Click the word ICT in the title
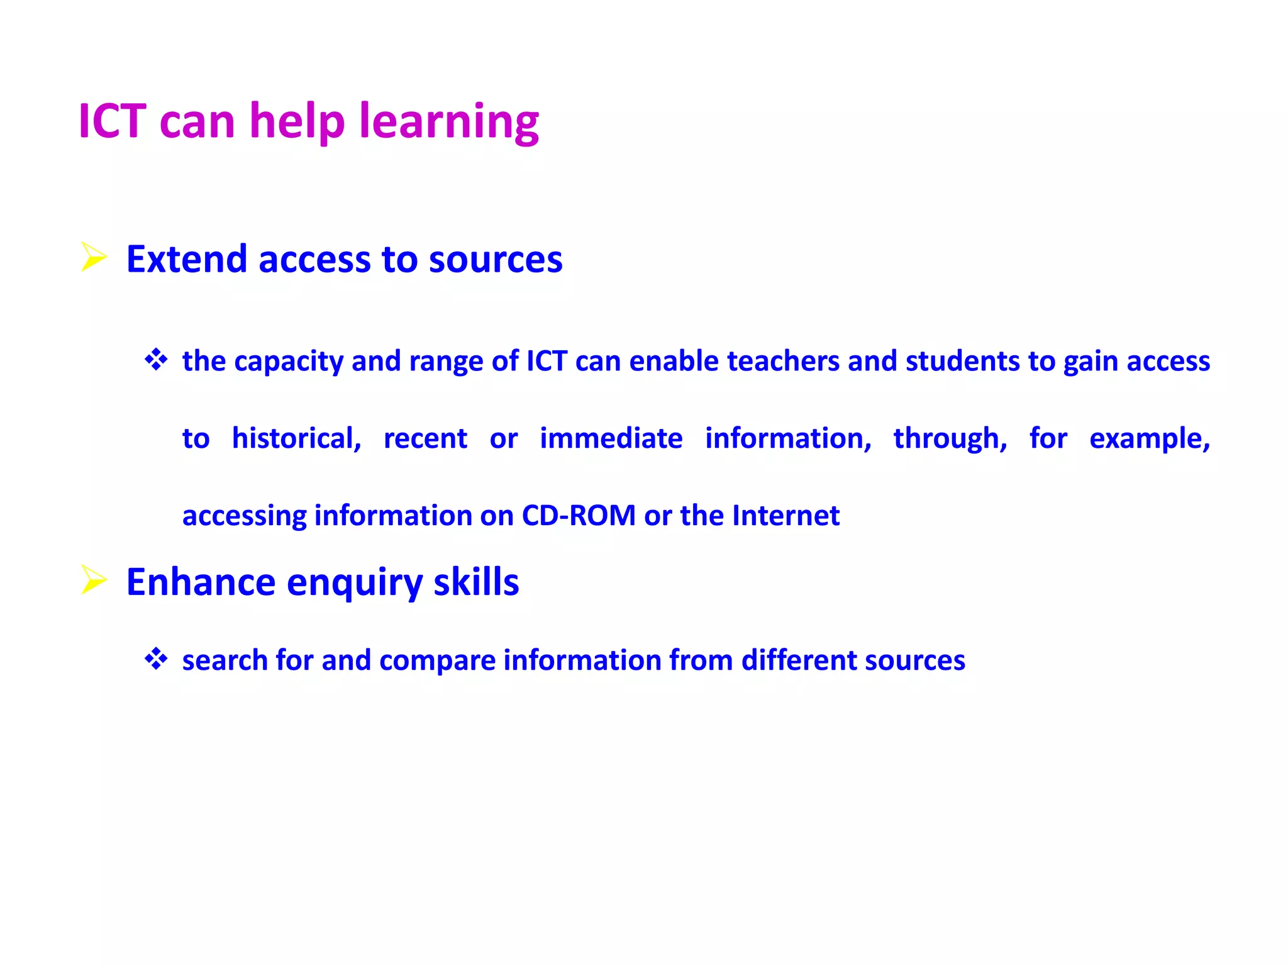pyautogui.click(x=112, y=121)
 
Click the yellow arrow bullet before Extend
pyautogui.click(x=94, y=258)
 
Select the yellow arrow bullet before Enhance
pyautogui.click(x=94, y=580)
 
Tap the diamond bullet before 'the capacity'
pyautogui.click(x=156, y=360)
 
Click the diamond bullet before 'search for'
pyautogui.click(x=156, y=659)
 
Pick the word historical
pyautogui.click(x=296, y=438)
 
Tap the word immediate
pyautogui.click(x=611, y=438)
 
